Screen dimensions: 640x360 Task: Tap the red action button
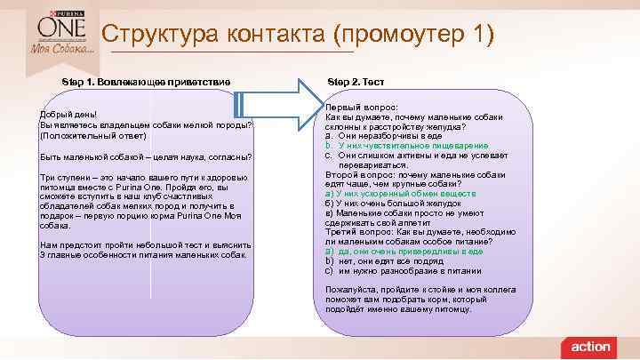click(x=590, y=346)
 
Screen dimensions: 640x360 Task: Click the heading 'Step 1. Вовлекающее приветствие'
click(x=147, y=82)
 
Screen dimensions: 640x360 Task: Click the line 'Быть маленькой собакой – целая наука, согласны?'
click(x=146, y=156)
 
